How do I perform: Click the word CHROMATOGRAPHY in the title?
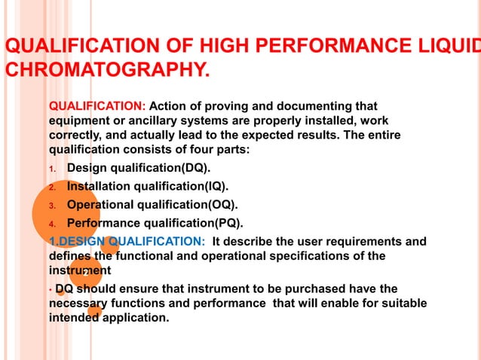click(x=105, y=71)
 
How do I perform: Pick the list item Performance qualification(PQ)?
click(x=155, y=223)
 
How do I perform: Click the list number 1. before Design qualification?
click(x=53, y=168)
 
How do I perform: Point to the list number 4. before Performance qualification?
click(x=53, y=224)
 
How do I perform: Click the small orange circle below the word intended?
click(x=94, y=310)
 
